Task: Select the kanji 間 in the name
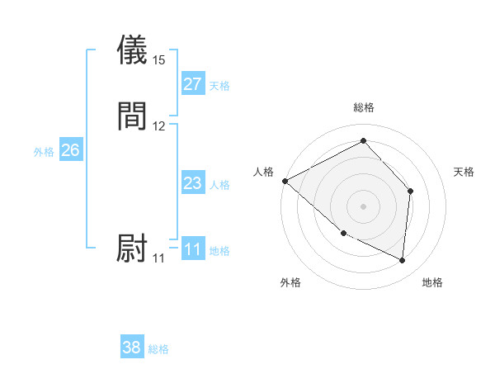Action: pyautogui.click(x=133, y=116)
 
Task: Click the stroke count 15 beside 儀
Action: pyautogui.click(x=159, y=60)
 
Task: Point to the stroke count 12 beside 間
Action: pyautogui.click(x=159, y=126)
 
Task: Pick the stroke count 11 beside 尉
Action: pyautogui.click(x=159, y=258)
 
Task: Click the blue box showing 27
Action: pyautogui.click(x=193, y=84)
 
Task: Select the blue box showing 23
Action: pyautogui.click(x=193, y=183)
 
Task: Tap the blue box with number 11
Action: pyautogui.click(x=193, y=249)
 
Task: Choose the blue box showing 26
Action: pyautogui.click(x=71, y=150)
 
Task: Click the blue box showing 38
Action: pyautogui.click(x=132, y=348)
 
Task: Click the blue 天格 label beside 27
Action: pyautogui.click(x=219, y=86)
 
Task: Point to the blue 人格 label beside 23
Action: pyautogui.click(x=219, y=185)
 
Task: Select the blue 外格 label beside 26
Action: pyautogui.click(x=44, y=152)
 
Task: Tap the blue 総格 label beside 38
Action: pyautogui.click(x=158, y=349)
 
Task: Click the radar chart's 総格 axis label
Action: pyautogui.click(x=364, y=107)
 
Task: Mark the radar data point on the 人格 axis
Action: pyautogui.click(x=285, y=181)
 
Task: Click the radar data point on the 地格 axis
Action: pyautogui.click(x=402, y=261)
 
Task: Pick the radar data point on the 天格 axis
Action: pyautogui.click(x=410, y=192)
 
